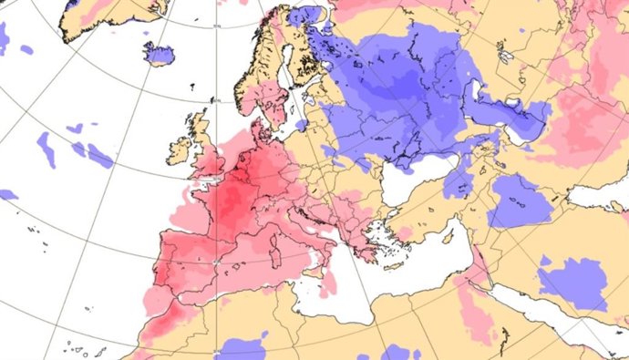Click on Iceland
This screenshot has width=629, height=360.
(160, 54)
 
